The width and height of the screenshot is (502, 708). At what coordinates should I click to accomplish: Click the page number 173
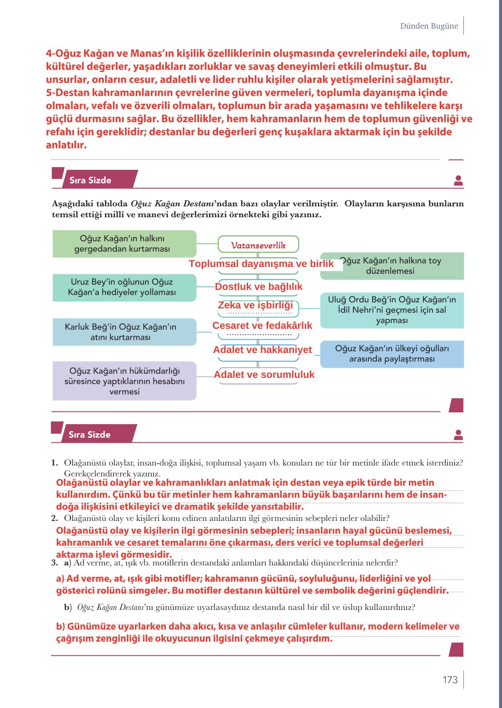coord(450,679)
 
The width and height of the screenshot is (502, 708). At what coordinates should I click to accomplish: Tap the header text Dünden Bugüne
coord(429,26)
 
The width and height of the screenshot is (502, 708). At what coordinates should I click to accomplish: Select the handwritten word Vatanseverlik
coord(258,245)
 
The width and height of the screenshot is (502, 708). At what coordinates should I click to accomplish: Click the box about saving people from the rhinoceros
coord(124,244)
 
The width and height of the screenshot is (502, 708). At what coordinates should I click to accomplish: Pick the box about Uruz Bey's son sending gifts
coord(124,287)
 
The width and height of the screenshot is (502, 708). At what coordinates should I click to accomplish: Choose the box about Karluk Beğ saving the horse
coord(124,332)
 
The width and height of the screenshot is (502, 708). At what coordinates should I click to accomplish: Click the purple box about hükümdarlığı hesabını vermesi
coord(124,381)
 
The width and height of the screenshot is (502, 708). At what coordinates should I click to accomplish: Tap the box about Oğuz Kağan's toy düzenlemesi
coord(392,266)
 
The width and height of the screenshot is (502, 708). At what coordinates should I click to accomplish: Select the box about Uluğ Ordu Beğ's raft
coord(392,310)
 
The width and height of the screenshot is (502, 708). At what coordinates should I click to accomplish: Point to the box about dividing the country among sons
coord(392,354)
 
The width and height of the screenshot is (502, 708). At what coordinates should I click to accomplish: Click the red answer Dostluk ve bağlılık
coord(258,287)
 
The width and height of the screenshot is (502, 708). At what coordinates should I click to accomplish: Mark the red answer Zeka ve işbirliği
coord(255,305)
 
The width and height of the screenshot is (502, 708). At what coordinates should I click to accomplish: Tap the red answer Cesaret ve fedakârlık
coord(262,326)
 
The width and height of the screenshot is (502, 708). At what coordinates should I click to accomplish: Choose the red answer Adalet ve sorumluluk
coord(264,375)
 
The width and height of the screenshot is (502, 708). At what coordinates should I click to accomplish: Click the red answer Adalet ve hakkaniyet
coord(262,350)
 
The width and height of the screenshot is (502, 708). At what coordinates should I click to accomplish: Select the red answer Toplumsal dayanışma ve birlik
coord(261,264)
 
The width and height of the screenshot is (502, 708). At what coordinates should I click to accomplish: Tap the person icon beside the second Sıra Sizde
coord(458,435)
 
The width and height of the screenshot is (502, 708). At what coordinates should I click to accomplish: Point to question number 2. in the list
coord(55,518)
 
